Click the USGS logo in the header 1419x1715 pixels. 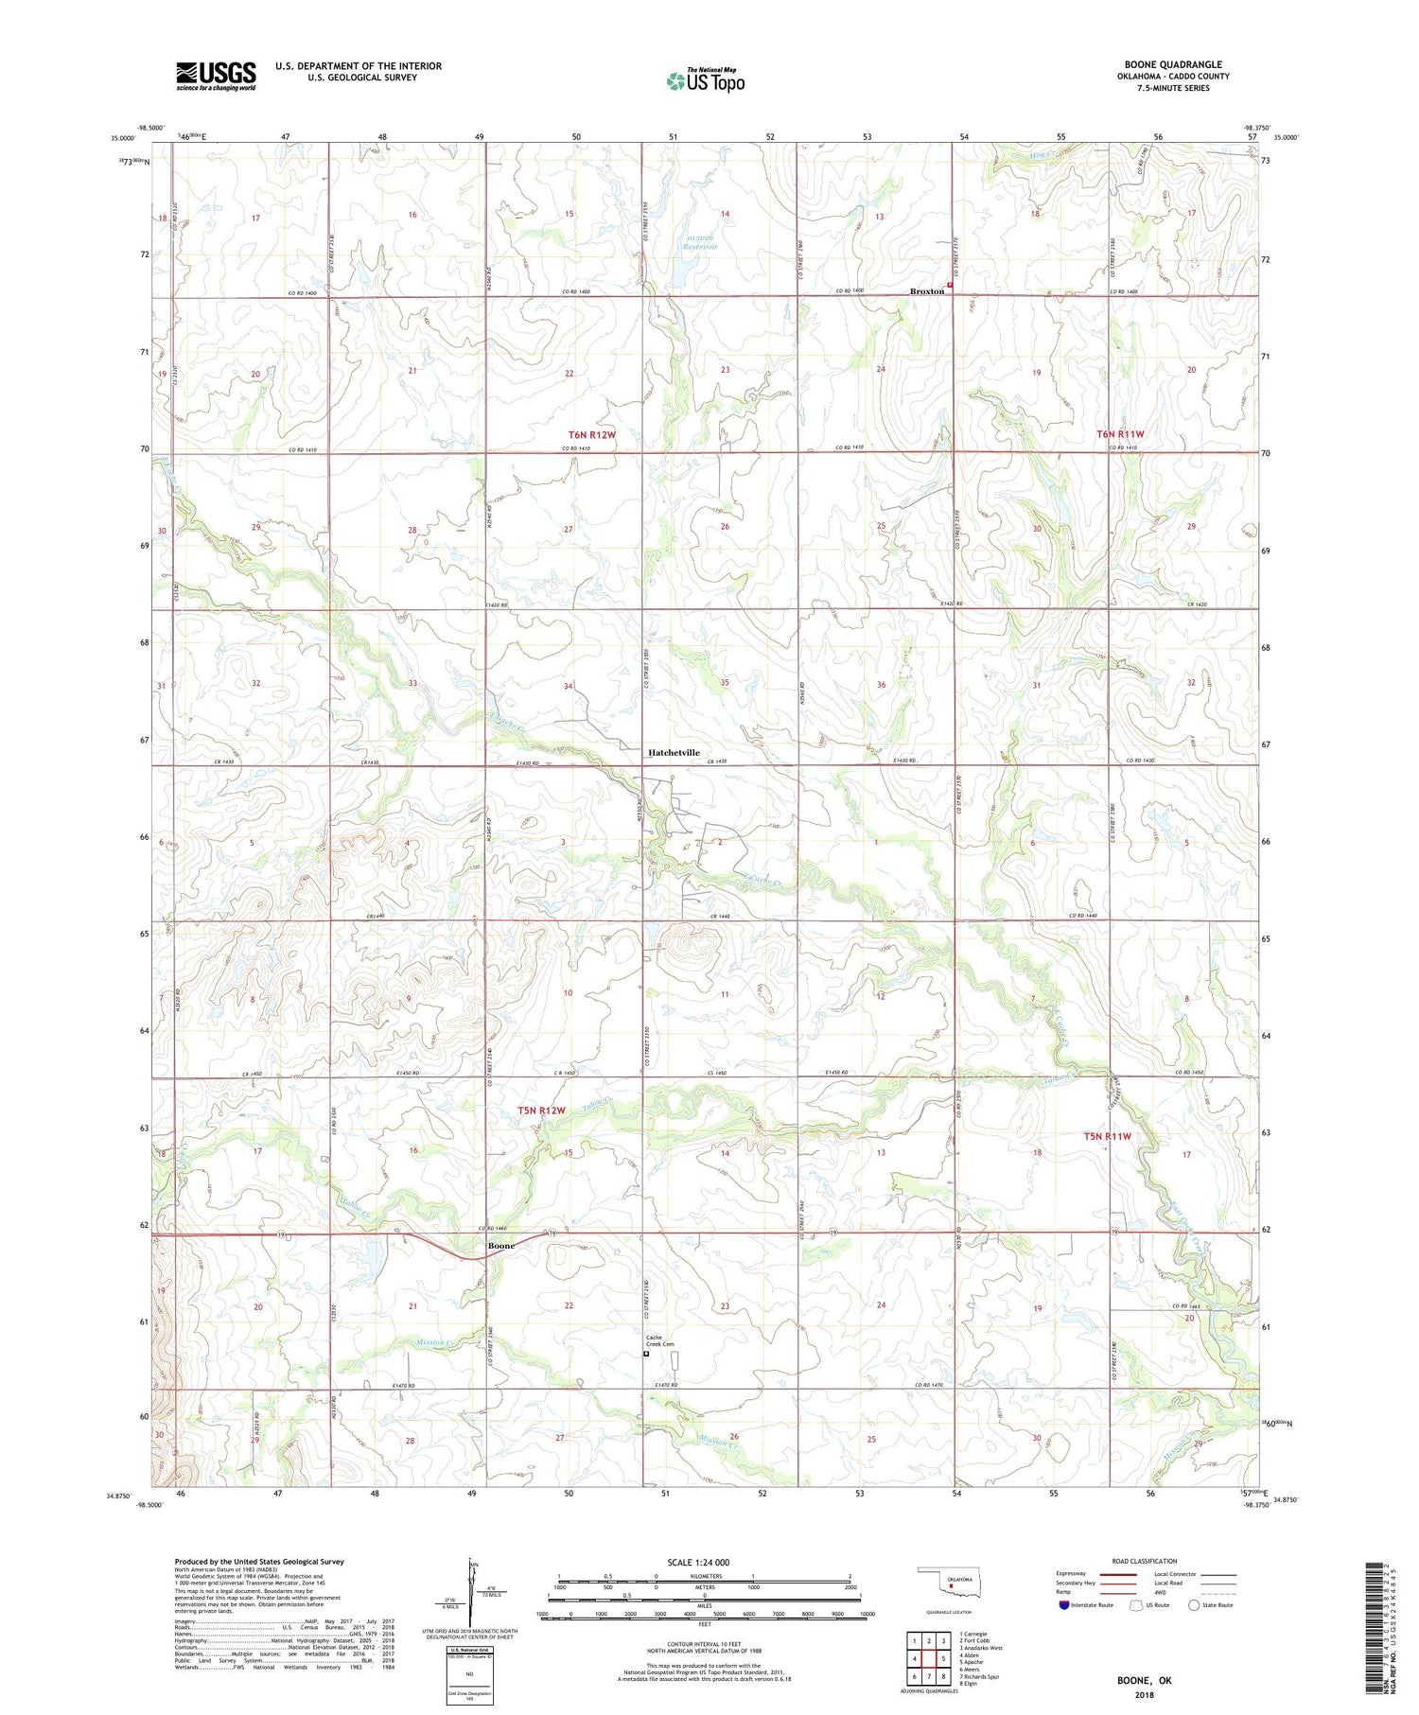tap(216, 76)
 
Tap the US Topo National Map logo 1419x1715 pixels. tap(706, 80)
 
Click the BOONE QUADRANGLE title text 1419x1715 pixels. tap(1173, 64)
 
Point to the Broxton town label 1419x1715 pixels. tap(926, 291)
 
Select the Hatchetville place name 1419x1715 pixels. tap(674, 753)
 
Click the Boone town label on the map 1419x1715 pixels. tap(500, 1246)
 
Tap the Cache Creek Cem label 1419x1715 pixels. tap(660, 1341)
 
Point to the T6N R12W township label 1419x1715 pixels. tap(592, 434)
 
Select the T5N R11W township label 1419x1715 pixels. tap(1107, 1136)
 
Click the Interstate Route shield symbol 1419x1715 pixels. tap(1064, 1605)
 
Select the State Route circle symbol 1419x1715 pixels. tap(1195, 1605)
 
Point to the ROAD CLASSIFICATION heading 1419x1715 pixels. tap(1145, 1561)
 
